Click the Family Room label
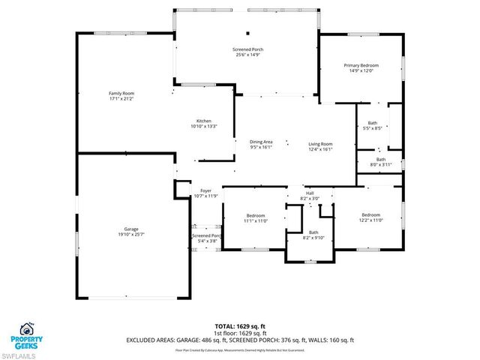tap(121, 95)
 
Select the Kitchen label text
tap(203, 124)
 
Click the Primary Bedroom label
tap(361, 68)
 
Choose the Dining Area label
tap(260, 145)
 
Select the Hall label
tap(309, 196)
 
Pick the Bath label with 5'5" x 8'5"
tap(373, 125)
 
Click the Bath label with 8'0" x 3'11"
tap(380, 161)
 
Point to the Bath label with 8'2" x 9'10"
tap(313, 235)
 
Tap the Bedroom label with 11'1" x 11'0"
tap(255, 218)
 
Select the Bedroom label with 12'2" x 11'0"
tap(370, 217)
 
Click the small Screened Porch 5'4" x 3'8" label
tap(204, 238)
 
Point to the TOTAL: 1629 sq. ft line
tap(240, 326)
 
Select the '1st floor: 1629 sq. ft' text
tap(240, 333)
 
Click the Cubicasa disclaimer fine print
tap(240, 349)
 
